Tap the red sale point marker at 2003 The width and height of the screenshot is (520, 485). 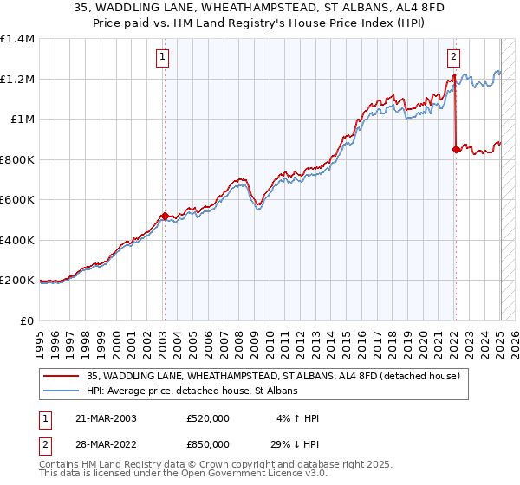pos(164,216)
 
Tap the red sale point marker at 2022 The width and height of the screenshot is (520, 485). pos(457,149)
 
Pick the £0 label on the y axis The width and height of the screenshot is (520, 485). pos(26,320)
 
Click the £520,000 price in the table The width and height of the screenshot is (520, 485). pos(208,417)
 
